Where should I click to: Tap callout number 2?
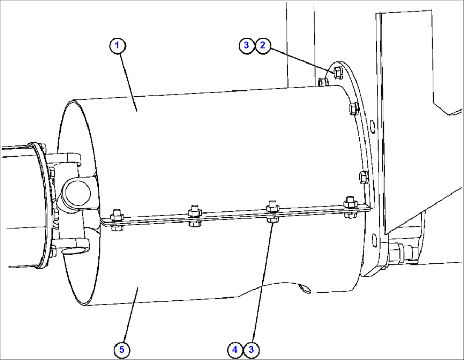263,46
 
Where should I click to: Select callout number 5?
122,350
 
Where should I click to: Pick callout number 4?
235,350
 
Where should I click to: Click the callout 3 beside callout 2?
246,46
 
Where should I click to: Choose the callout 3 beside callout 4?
251,350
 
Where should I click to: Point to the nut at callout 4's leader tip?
271,220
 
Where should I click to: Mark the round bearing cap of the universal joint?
77,192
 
